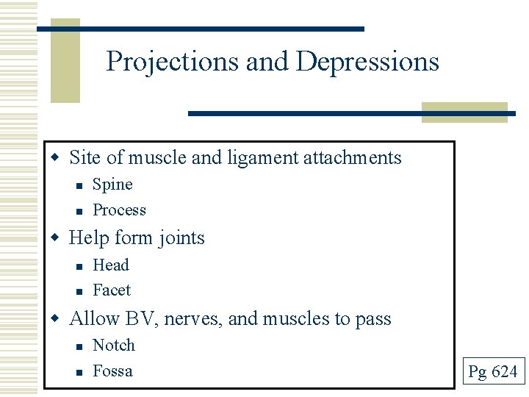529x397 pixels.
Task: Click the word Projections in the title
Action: (x=173, y=62)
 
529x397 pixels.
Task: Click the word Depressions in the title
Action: (x=367, y=62)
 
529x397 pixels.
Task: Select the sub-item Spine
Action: (x=112, y=185)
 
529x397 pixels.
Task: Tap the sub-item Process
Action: (x=119, y=210)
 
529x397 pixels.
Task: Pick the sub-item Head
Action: (x=110, y=265)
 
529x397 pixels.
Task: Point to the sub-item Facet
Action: (x=112, y=290)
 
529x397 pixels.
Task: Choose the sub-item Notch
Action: (x=114, y=346)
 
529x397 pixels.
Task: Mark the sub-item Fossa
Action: (x=112, y=371)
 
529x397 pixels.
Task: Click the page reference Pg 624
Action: (x=493, y=372)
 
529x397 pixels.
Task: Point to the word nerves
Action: (x=193, y=319)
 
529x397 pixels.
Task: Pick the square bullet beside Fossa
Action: (x=78, y=372)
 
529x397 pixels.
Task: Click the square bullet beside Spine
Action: (x=78, y=185)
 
